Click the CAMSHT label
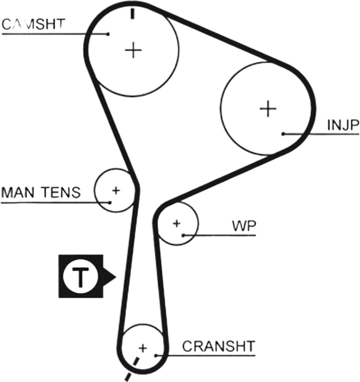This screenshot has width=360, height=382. (x=34, y=24)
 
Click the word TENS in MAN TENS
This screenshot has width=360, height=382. (x=61, y=192)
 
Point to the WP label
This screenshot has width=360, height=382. (x=244, y=226)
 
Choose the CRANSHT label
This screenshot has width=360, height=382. (x=219, y=346)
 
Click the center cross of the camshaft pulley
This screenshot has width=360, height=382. (x=133, y=50)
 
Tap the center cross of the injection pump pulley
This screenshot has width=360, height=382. (x=268, y=109)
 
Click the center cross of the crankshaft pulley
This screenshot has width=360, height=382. (x=143, y=348)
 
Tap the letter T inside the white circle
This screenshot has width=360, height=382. (x=80, y=277)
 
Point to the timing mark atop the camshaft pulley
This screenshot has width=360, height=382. (x=132, y=14)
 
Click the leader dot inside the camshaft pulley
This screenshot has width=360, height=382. (x=108, y=34)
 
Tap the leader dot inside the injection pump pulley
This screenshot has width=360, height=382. (x=283, y=134)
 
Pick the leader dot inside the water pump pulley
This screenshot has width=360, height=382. (x=183, y=235)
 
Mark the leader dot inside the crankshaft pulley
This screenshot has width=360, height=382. (x=156, y=356)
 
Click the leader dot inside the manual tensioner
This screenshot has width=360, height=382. (x=110, y=202)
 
